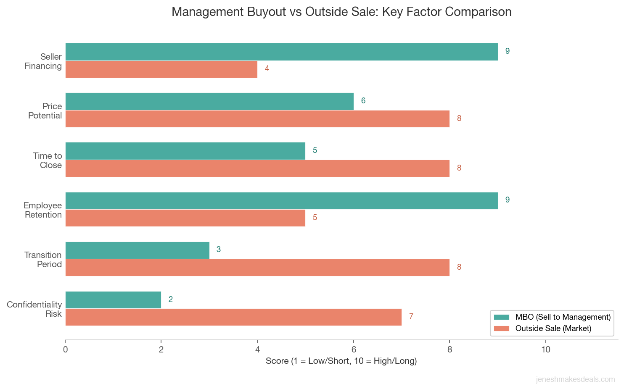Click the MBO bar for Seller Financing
click(281, 52)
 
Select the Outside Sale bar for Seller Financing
click(161, 69)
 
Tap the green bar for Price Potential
click(209, 101)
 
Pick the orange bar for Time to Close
click(257, 168)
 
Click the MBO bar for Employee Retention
click(281, 201)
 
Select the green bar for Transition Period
click(137, 250)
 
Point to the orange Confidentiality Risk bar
click(233, 317)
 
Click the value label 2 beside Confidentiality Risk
click(170, 300)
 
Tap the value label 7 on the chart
click(411, 317)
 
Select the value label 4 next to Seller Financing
click(267, 68)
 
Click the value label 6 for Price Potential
click(363, 101)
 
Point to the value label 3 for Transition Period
click(218, 250)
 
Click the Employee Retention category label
click(42, 210)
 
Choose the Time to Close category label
click(47, 160)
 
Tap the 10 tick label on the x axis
click(545, 350)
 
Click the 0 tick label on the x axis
click(65, 350)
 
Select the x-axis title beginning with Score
click(341, 361)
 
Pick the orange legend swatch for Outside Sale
click(501, 329)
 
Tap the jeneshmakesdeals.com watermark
click(575, 380)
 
